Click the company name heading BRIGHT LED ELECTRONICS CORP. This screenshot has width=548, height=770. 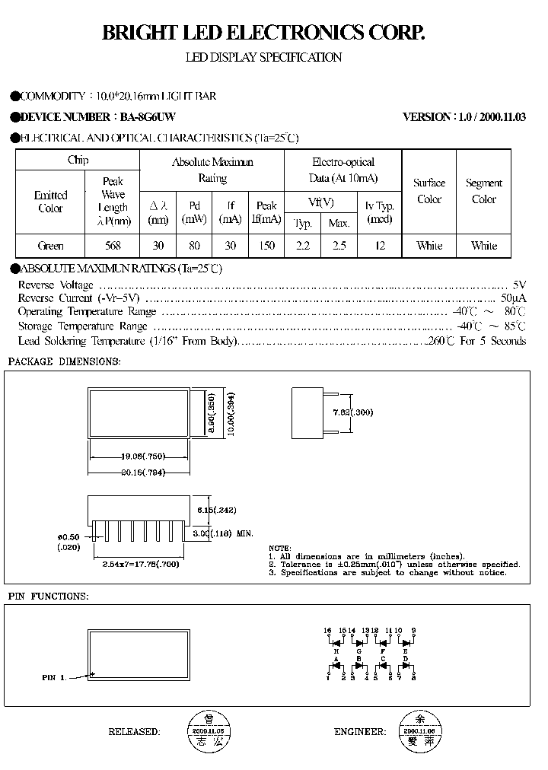tap(263, 33)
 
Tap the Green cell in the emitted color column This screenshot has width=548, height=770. tap(50, 246)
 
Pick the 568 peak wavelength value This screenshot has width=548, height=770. tap(112, 246)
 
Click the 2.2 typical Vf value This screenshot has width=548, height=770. tap(302, 246)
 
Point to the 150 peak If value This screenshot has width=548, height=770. tap(266, 246)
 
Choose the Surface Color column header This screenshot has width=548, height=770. tap(429, 191)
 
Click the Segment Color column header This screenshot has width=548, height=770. tap(483, 191)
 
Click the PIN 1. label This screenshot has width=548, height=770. tap(53, 676)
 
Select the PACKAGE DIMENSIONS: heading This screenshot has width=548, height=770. tap(64, 361)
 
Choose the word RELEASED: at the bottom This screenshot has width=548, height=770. tap(134, 732)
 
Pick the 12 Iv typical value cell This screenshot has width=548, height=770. tap(380, 246)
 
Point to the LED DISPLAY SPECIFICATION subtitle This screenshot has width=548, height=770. tap(263, 58)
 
